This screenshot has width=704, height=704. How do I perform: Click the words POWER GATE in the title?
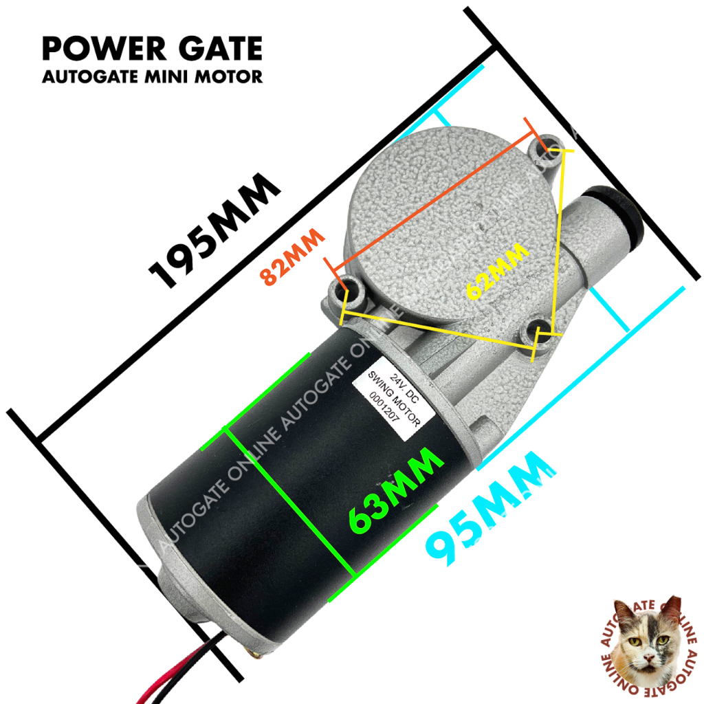152,49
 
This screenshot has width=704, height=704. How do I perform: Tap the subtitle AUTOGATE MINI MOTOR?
152,76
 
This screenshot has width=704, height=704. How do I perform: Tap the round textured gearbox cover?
433,220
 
